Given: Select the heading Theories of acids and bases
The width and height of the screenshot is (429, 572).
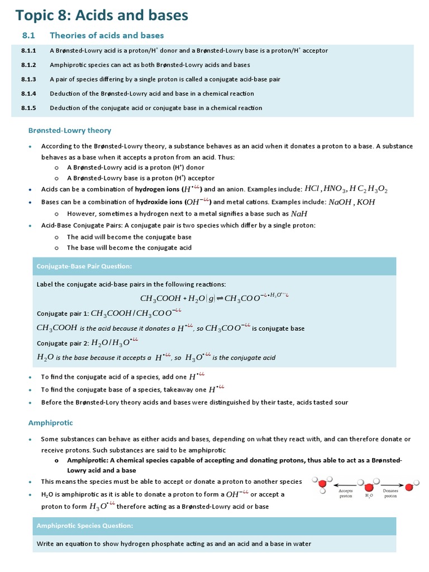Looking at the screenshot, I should [x=107, y=35].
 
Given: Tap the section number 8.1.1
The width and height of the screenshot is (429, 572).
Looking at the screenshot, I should [x=28, y=50].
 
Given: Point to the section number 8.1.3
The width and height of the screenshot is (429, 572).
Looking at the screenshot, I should [x=28, y=79].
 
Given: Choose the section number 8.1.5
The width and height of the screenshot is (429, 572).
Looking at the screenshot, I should [x=28, y=108].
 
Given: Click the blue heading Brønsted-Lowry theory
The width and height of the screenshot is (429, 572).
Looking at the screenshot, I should [x=70, y=130].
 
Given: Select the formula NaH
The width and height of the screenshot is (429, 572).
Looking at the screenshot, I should [x=299, y=213].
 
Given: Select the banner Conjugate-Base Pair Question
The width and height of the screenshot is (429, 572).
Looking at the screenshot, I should [x=84, y=266].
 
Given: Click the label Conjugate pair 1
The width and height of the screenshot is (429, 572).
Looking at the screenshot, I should [x=62, y=314].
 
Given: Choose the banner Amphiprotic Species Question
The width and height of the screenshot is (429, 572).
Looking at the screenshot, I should [x=85, y=526].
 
